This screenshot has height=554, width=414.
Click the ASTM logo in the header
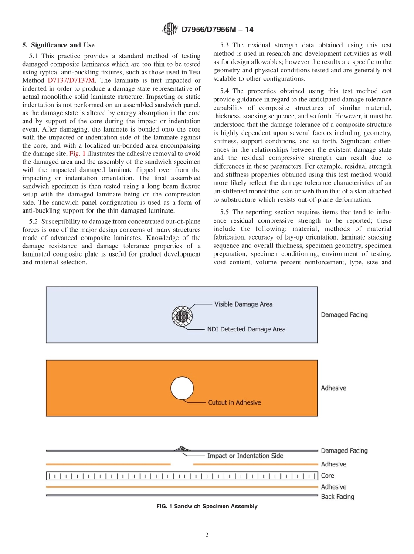point(170,29)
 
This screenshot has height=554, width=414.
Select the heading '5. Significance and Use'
point(58,45)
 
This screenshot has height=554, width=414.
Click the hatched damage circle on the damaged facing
point(183,315)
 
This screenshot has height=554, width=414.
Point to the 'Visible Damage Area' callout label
point(243,304)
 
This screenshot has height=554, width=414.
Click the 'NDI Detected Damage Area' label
point(246,329)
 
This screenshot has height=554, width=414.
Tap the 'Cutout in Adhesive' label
point(234,402)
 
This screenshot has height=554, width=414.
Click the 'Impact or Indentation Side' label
point(245,456)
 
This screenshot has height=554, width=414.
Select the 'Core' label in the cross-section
point(328,476)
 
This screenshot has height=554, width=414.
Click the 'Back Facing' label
point(337,497)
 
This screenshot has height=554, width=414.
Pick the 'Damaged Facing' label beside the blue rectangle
point(344,314)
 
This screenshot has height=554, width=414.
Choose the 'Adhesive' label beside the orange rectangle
point(333,388)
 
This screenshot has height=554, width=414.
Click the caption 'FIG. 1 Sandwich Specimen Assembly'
point(207,507)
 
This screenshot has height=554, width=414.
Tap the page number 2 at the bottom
point(207,535)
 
